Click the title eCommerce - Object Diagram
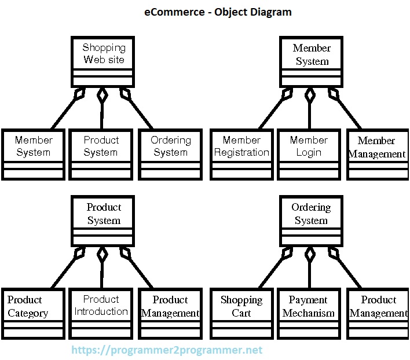coord(218,12)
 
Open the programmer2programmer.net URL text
coord(167,350)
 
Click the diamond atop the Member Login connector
coord(310,95)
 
